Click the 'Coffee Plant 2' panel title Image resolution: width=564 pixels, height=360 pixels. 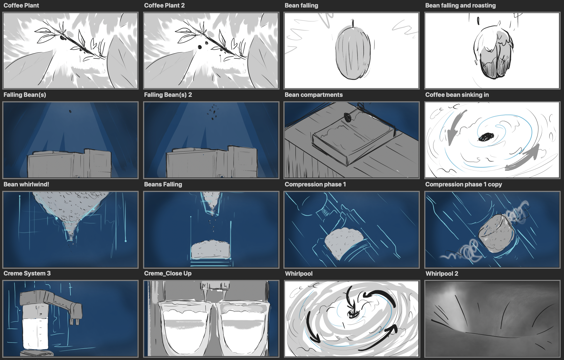click(164, 6)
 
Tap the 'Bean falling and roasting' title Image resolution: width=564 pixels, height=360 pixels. click(460, 6)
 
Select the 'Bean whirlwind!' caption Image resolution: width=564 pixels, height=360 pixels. click(26, 184)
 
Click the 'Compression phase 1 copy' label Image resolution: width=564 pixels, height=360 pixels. click(464, 184)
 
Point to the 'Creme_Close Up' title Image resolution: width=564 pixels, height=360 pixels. click(168, 273)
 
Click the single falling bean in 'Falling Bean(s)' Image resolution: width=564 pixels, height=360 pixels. click(70, 112)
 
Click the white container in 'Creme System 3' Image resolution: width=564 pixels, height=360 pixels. click(35, 334)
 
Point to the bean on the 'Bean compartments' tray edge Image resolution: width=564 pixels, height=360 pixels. click(348, 117)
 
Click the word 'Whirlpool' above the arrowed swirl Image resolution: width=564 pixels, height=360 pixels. click(299, 274)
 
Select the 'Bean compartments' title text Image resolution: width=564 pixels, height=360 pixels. click(313, 95)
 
